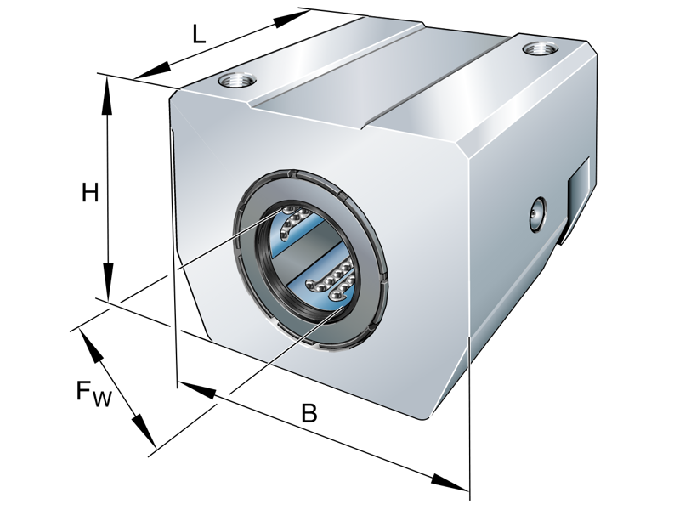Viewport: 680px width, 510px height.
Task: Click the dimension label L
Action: coord(199,34)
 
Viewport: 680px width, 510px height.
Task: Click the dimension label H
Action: coord(90,194)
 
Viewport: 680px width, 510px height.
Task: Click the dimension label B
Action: coord(309,414)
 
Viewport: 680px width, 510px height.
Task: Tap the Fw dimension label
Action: coord(93,393)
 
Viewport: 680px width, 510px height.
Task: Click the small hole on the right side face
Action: coord(535,213)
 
